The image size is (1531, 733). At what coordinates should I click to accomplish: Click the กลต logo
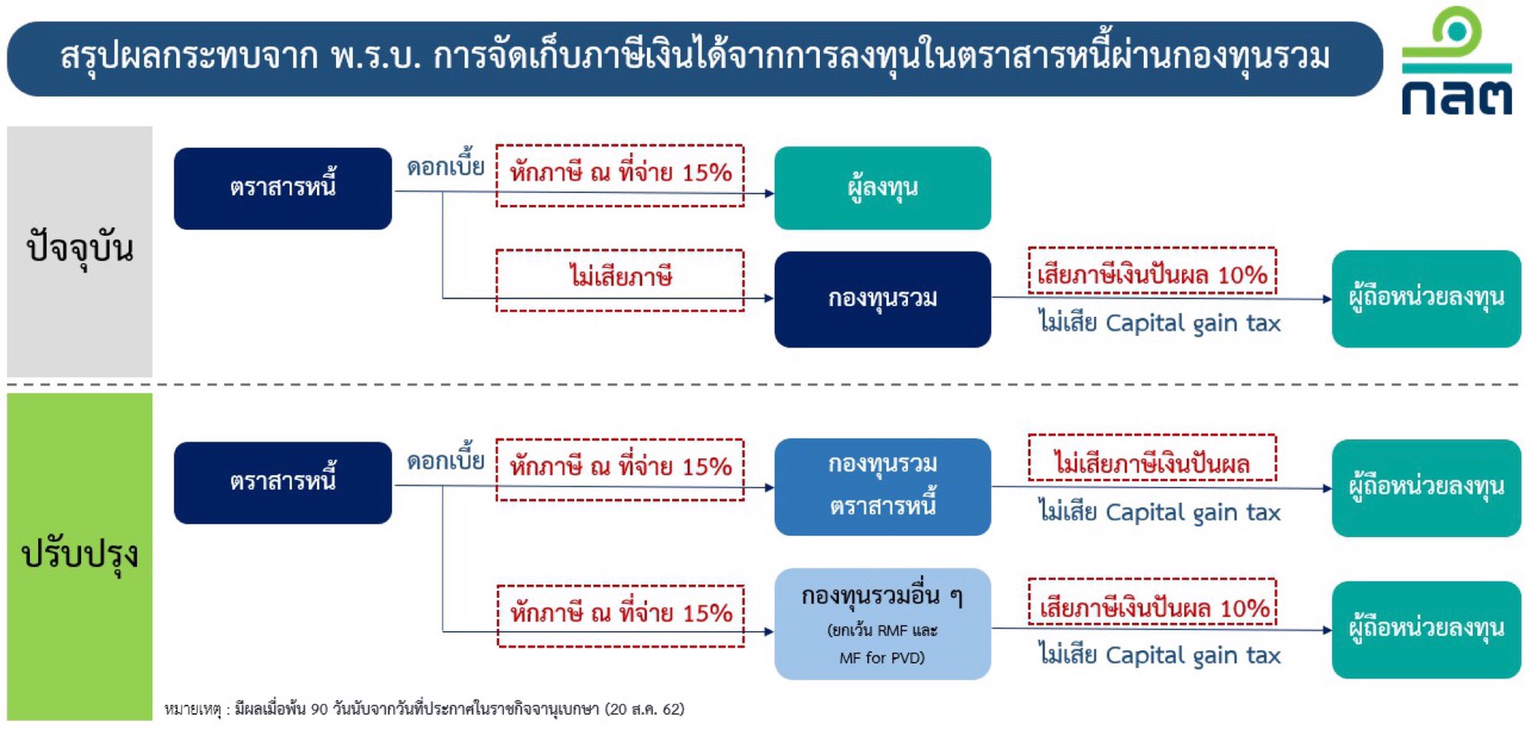[1456, 62]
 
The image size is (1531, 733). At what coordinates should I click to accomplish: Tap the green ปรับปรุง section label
[79, 555]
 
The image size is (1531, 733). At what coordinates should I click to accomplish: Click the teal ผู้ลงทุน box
[882, 189]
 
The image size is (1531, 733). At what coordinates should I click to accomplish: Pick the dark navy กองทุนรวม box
[882, 299]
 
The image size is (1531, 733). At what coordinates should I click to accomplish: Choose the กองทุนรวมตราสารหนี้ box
[882, 486]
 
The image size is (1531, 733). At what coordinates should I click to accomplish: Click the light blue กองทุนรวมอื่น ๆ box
[882, 624]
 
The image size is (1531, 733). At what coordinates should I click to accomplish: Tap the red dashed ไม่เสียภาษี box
[620, 280]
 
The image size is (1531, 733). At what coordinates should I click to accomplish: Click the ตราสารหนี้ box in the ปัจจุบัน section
[282, 189]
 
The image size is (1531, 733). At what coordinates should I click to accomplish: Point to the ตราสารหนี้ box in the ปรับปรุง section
[282, 482]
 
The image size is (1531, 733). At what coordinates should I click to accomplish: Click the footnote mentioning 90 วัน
[424, 709]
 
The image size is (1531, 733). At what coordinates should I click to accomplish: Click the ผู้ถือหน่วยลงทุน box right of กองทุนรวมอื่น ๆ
[1426, 630]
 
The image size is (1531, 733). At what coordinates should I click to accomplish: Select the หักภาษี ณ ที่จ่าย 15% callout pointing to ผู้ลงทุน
[620, 175]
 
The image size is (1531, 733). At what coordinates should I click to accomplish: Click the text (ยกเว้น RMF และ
[882, 630]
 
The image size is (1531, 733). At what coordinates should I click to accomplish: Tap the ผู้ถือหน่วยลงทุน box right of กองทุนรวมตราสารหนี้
[1426, 488]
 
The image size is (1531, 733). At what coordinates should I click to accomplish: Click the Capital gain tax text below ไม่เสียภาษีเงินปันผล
[1193, 513]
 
